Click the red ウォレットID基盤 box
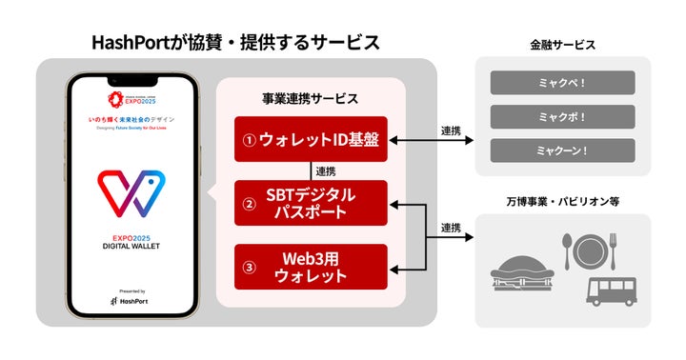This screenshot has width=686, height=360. (311, 140)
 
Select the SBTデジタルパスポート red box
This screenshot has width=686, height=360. (311, 202)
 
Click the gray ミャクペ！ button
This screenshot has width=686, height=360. (562, 83)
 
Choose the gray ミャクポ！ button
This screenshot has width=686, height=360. (562, 117)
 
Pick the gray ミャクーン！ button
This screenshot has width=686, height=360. (562, 150)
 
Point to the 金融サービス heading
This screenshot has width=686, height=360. (562, 45)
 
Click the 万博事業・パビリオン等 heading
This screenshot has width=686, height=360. (562, 201)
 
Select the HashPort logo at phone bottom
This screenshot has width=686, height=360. (132, 300)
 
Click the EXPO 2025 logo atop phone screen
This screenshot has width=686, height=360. (132, 97)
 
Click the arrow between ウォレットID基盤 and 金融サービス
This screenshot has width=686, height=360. (433, 141)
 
